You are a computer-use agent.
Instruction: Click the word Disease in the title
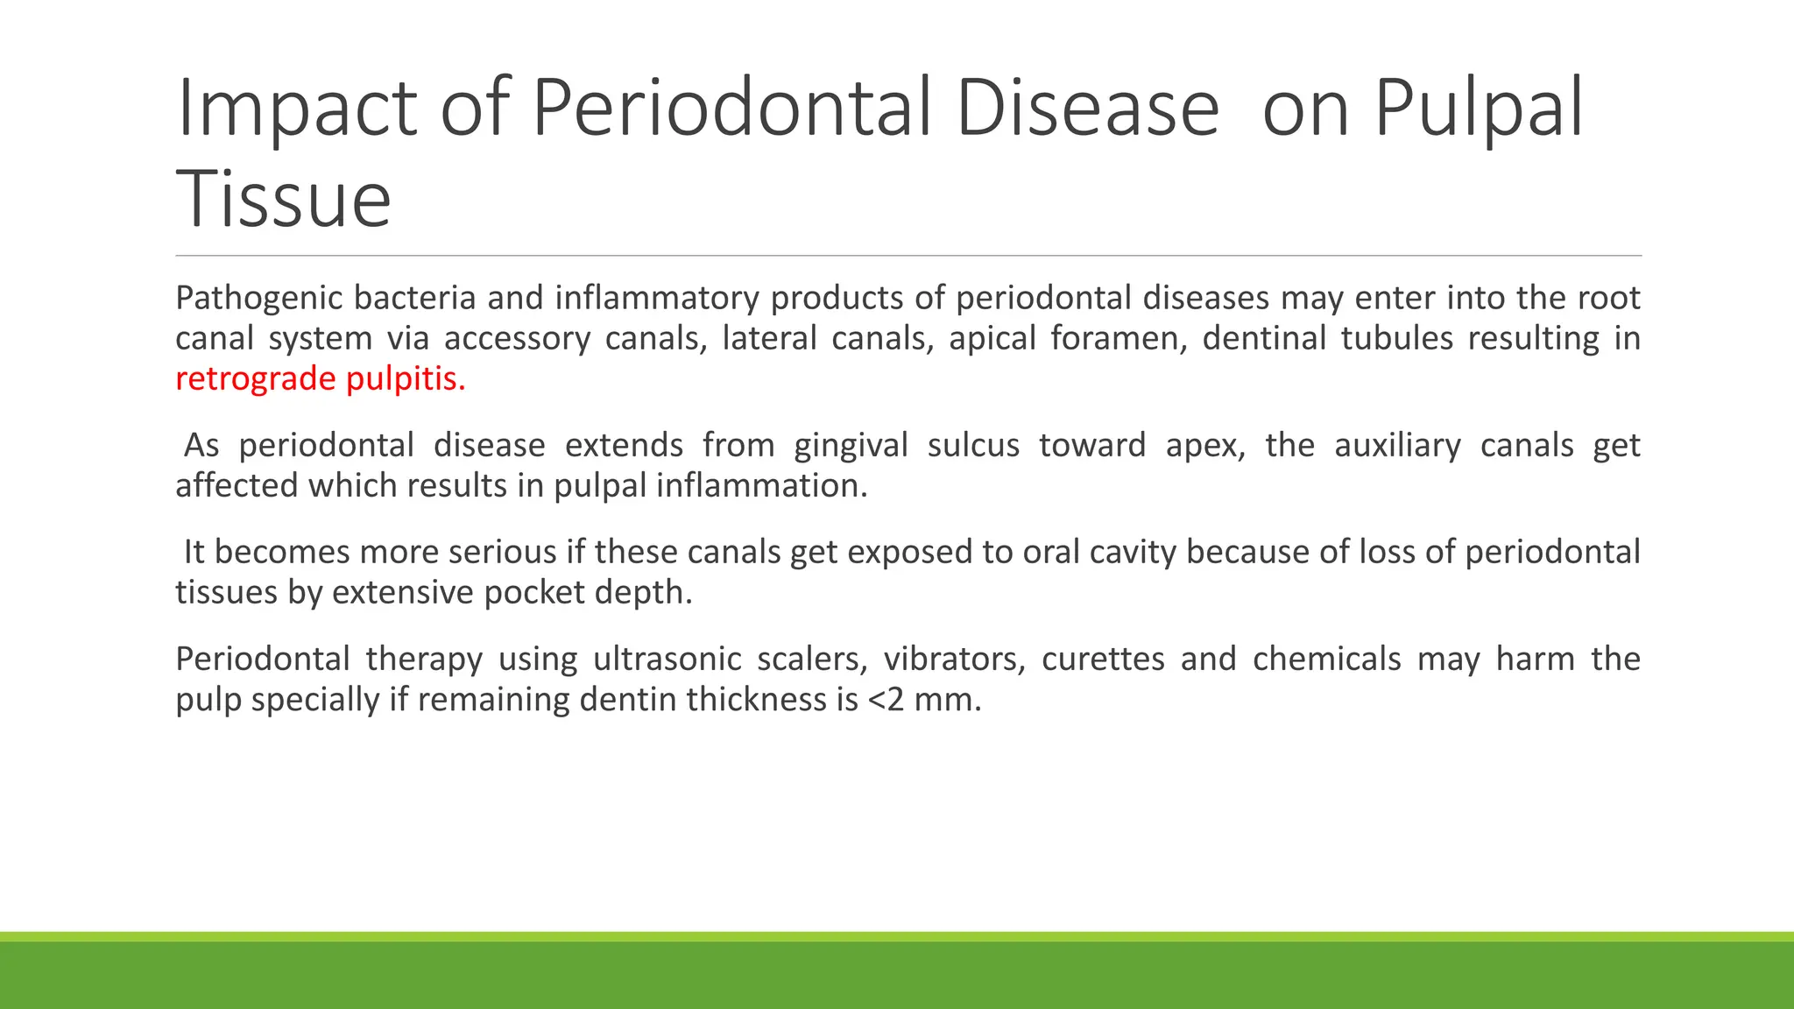[x=1087, y=109]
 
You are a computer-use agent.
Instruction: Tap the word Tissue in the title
[x=283, y=200]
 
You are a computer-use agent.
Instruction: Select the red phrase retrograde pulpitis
[x=320, y=379]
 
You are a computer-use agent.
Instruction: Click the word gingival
[x=851, y=446]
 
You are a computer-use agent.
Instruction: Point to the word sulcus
[x=973, y=446]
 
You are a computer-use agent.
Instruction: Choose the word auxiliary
[x=1397, y=446]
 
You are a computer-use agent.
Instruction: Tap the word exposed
[x=907, y=553]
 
